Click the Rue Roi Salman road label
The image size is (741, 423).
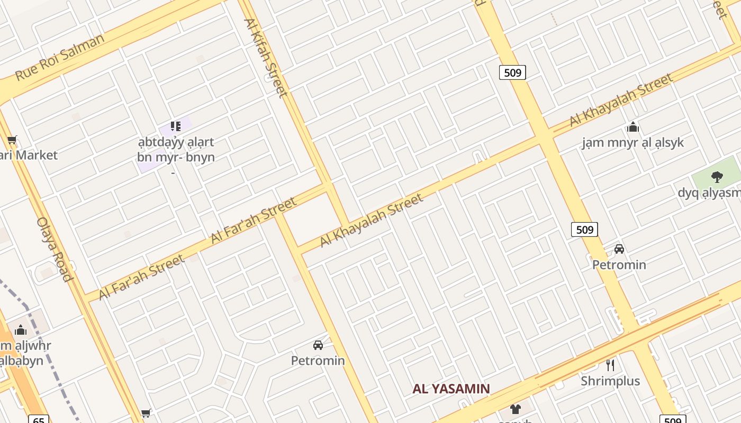[59, 57]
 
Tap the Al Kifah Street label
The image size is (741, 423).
[265, 58]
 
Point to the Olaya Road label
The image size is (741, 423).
[53, 249]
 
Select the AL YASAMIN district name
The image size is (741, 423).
[451, 389]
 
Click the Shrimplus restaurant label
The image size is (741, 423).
[610, 381]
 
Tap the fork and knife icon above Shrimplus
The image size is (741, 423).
[610, 364]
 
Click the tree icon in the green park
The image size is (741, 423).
[717, 177]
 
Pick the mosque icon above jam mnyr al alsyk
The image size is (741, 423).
[632, 127]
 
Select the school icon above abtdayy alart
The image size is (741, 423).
[176, 126]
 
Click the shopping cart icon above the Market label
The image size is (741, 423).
[12, 140]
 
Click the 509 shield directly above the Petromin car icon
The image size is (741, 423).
[584, 229]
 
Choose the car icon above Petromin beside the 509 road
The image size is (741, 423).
[619, 249]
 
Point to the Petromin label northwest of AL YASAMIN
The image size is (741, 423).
[318, 361]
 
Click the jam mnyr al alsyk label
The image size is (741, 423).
[632, 143]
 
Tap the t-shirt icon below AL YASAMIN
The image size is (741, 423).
[515, 409]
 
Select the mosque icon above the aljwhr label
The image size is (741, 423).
[21, 330]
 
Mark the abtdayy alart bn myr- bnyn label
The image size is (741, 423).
[176, 150]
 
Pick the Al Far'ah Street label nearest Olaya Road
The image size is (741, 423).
[141, 277]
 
